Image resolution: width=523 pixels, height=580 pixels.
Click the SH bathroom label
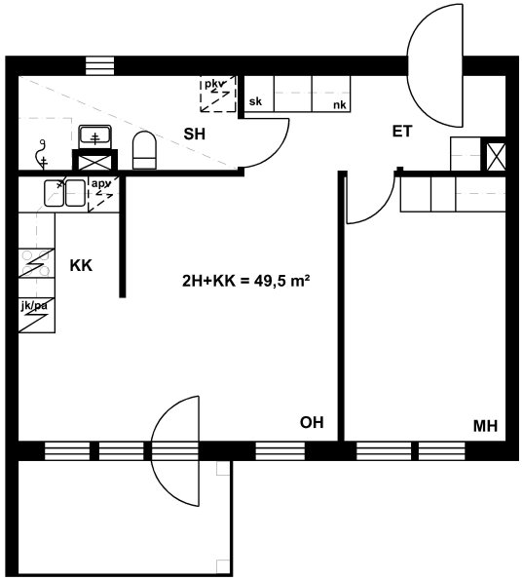195,134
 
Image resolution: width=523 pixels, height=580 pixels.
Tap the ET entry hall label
402,132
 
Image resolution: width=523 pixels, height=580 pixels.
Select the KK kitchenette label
81,265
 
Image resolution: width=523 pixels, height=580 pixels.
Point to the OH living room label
312,422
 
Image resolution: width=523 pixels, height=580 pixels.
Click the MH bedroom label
485,426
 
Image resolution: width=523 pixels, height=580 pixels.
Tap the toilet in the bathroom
144,150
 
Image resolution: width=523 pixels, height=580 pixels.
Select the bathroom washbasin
95,136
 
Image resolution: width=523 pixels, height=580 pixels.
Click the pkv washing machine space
218,94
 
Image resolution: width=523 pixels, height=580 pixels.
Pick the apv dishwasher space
104,194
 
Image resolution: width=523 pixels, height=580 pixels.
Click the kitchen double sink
64,193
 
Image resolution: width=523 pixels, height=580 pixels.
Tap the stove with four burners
37,263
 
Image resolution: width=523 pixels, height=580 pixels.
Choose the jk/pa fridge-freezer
37,315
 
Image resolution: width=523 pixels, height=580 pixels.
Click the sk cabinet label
255,101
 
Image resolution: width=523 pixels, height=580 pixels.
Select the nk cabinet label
340,105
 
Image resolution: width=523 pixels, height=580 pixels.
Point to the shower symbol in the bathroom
42,155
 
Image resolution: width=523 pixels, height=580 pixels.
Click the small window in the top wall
99,66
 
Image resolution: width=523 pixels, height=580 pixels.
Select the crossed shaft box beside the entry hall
496,157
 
